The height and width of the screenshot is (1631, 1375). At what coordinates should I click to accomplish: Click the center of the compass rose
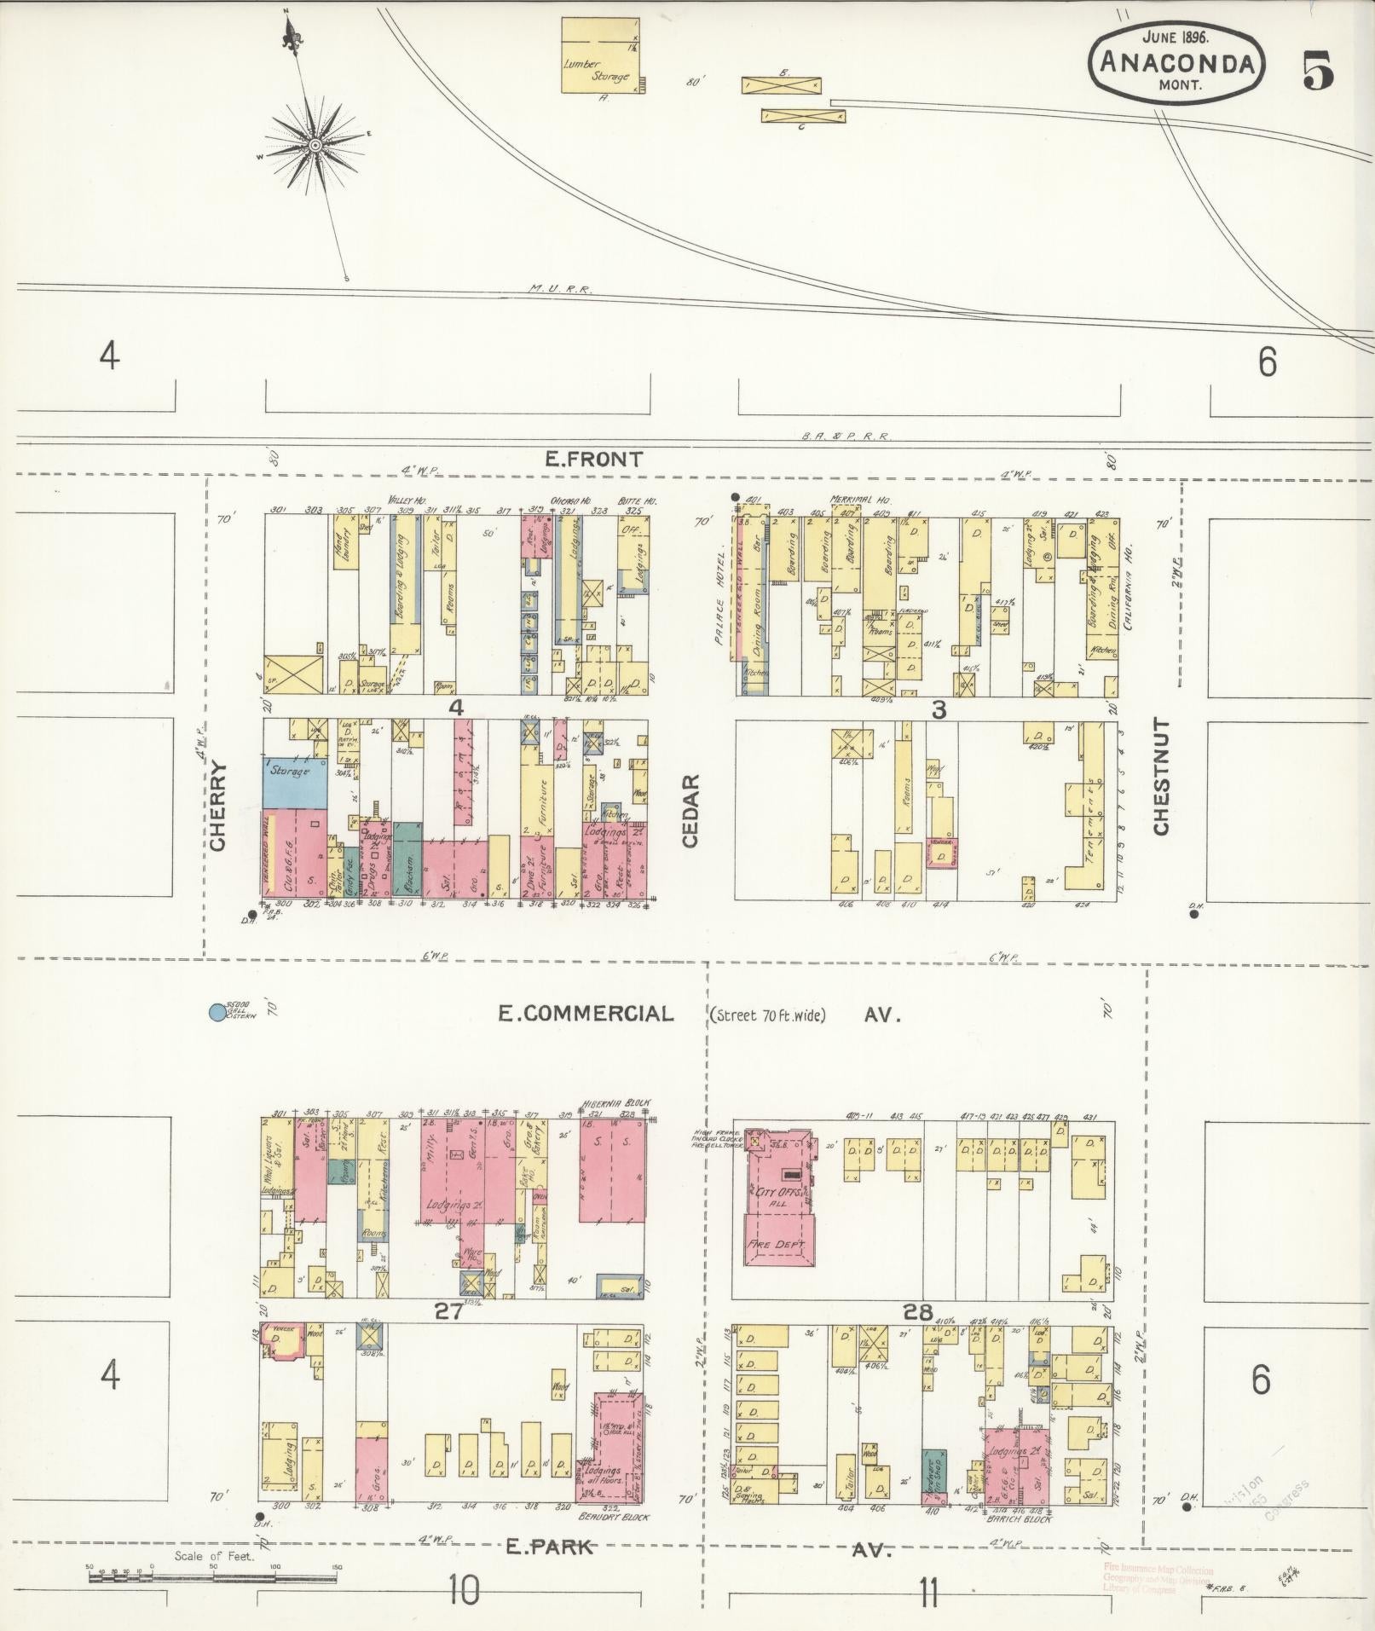(x=315, y=146)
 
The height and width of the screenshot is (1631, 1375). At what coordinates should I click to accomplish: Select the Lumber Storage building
(x=601, y=55)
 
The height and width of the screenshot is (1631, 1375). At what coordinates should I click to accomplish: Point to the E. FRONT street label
(x=582, y=460)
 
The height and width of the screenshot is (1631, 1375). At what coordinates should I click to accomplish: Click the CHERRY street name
(x=218, y=806)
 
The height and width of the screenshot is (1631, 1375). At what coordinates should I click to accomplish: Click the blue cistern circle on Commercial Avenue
(x=217, y=1012)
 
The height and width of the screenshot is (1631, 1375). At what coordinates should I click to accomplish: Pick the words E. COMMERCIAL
(x=586, y=1013)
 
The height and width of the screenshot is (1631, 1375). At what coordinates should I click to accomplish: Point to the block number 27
(x=449, y=1312)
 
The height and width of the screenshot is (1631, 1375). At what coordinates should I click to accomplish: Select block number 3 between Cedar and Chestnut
(x=938, y=709)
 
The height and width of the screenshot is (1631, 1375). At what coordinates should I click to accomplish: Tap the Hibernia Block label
(x=616, y=1102)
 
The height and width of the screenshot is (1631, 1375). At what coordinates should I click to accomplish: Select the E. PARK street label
(x=549, y=1546)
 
